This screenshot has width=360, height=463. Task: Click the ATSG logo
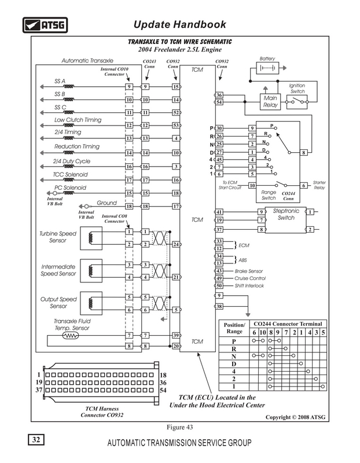[x=45, y=25]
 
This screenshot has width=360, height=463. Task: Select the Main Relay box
[x=270, y=102]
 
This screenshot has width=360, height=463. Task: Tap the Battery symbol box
[x=267, y=68]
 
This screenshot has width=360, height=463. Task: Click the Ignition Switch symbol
[x=297, y=102]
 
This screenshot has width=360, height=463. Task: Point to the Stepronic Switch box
[x=285, y=221]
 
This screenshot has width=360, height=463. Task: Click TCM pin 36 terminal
[x=219, y=95]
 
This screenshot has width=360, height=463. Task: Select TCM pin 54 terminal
[x=219, y=102]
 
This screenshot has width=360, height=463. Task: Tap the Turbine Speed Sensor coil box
[x=91, y=238]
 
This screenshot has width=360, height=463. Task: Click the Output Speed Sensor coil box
[x=91, y=303]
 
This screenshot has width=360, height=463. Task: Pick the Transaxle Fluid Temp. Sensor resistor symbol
[x=71, y=336]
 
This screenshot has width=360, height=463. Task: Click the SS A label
[x=60, y=81]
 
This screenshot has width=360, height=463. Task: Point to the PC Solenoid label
[x=70, y=188]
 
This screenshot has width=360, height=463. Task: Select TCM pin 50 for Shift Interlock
[x=219, y=285]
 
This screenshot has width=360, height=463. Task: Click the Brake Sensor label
[x=249, y=271]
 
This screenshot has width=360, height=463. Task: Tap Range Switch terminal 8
[x=304, y=152]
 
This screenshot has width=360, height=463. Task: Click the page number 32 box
[x=36, y=440]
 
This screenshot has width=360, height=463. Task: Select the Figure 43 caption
[x=179, y=427]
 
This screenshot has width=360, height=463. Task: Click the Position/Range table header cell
[x=234, y=328]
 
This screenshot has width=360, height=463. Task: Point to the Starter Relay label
[x=319, y=185]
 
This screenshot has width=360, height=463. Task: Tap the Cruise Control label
[x=250, y=278]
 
